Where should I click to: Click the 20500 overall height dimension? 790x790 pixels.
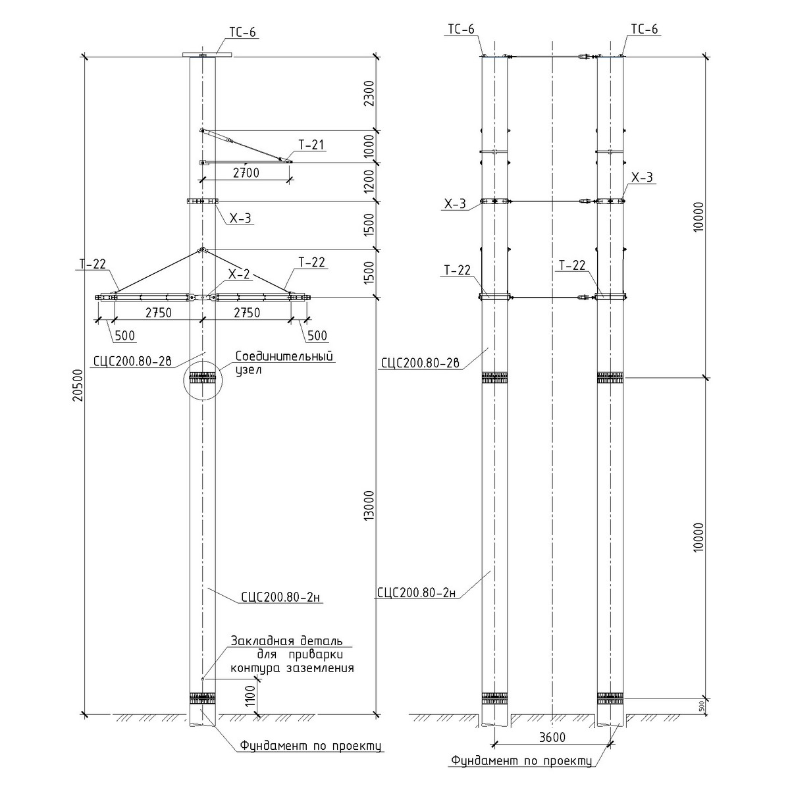tap(78, 385)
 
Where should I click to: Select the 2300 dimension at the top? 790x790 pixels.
tap(369, 93)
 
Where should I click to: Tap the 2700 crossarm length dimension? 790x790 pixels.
tap(246, 173)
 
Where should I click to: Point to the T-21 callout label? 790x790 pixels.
tap(311, 145)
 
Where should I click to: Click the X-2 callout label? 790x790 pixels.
tap(239, 275)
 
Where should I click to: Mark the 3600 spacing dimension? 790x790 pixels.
tap(552, 737)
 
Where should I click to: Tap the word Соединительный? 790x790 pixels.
tap(284, 356)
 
